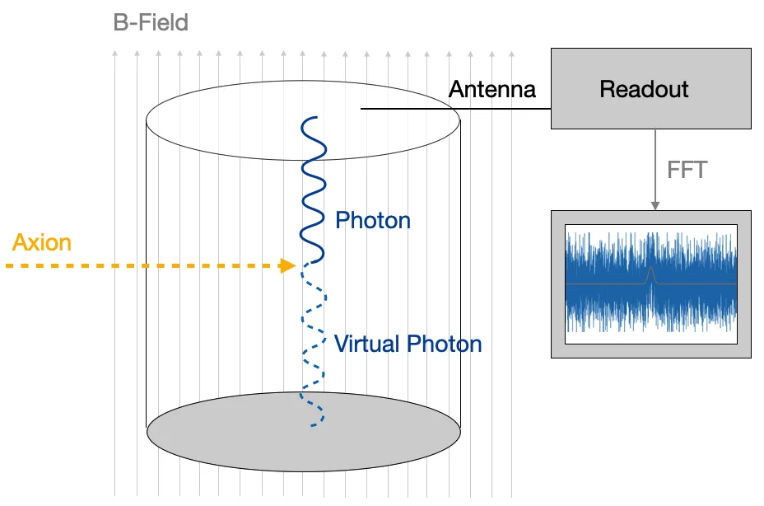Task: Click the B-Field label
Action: (x=151, y=22)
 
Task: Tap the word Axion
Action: (x=42, y=242)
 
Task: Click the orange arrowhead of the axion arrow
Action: (x=288, y=265)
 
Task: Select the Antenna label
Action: (x=492, y=89)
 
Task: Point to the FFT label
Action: (x=687, y=171)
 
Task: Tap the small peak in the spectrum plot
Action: (x=650, y=274)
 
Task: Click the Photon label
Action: (x=372, y=220)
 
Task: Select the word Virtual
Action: (x=368, y=344)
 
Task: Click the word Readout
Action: (x=644, y=89)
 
